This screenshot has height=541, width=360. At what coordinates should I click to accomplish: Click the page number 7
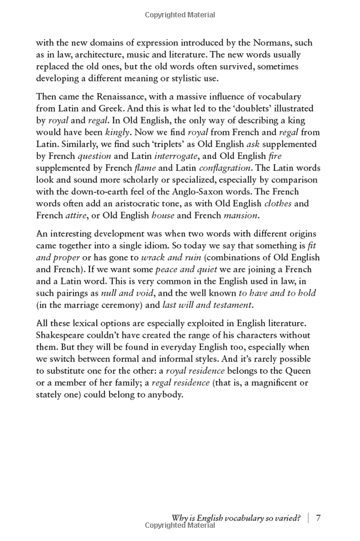319,518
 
